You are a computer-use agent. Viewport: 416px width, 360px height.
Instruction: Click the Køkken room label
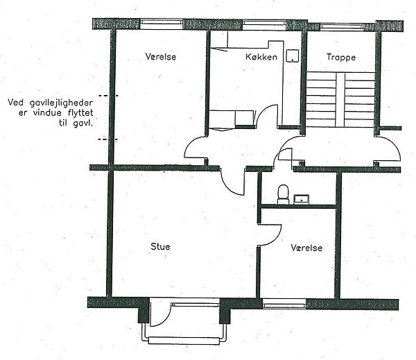click(x=261, y=57)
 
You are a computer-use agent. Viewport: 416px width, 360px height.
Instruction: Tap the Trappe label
click(x=341, y=58)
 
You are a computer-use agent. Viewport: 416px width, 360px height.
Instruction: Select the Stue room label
click(x=160, y=247)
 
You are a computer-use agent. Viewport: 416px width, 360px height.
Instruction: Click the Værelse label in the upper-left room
click(x=161, y=57)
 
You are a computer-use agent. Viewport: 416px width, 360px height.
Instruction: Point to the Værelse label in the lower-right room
click(x=306, y=248)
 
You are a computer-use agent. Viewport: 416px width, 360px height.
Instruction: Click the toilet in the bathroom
click(x=283, y=194)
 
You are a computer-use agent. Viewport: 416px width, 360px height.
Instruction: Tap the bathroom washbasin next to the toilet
click(x=302, y=199)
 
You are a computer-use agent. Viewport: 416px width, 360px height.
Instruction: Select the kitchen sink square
click(x=293, y=55)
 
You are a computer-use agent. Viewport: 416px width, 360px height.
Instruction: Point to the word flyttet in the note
click(x=80, y=113)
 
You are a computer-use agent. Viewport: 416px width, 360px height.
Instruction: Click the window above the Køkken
click(x=264, y=24)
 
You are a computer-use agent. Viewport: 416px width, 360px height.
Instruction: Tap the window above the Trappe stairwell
click(x=341, y=26)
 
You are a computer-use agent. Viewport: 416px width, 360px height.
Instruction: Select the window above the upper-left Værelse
click(x=162, y=24)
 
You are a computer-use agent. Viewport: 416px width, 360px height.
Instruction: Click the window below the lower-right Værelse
click(x=284, y=303)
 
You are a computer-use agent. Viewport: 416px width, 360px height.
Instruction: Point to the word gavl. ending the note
click(x=83, y=123)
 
